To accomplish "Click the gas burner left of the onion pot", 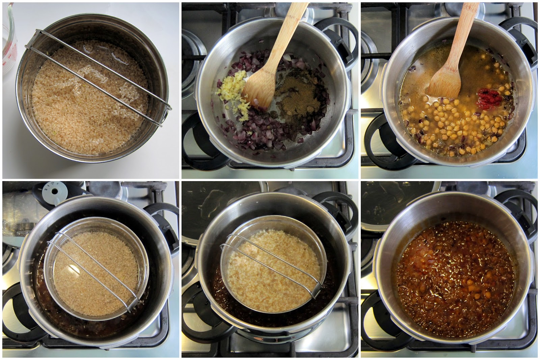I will [x=191, y=54].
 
